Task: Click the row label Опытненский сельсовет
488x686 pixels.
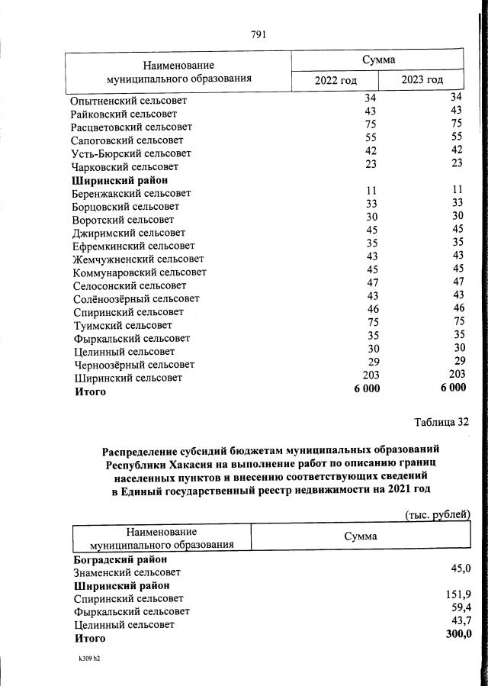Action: click(129, 101)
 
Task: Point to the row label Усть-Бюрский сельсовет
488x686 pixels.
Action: click(130, 153)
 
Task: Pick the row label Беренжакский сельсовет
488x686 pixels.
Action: click(132, 194)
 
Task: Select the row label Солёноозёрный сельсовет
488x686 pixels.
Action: click(136, 298)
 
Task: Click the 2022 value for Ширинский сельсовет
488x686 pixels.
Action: click(371, 375)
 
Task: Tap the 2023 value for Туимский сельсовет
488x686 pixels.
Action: click(457, 322)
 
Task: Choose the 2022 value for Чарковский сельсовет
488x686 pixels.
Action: click(371, 163)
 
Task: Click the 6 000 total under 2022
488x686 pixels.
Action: click(366, 388)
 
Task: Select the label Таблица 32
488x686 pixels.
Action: click(441, 422)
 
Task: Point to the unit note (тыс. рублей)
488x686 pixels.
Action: click(438, 515)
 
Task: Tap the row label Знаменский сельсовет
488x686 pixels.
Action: click(127, 572)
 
